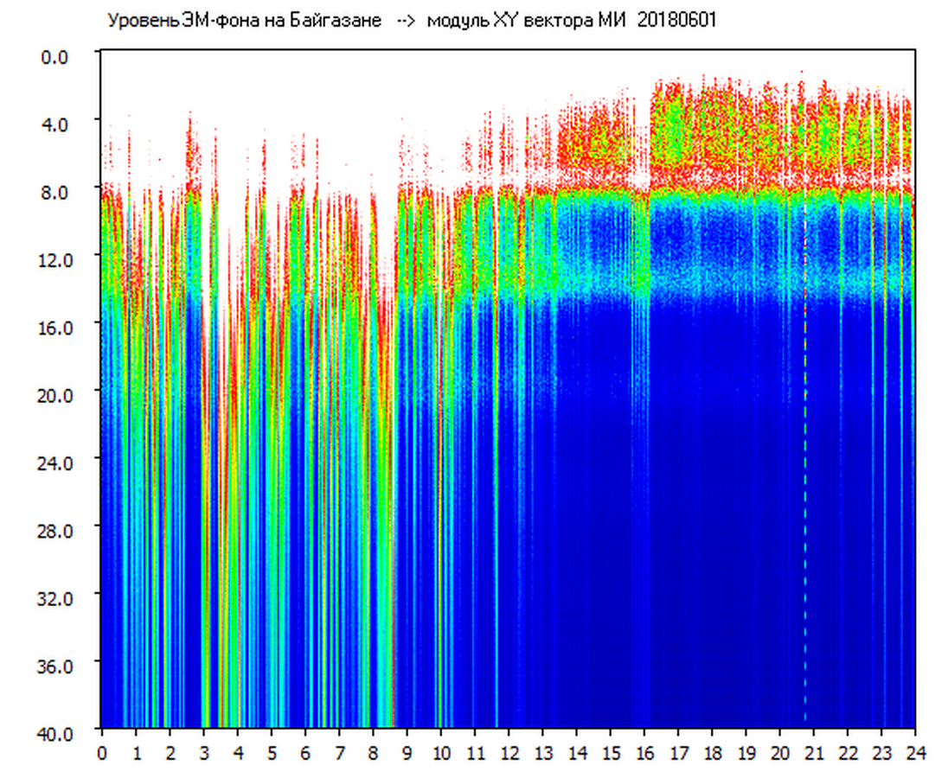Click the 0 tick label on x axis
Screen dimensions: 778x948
pyautogui.click(x=102, y=752)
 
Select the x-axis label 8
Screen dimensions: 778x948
pyautogui.click(x=373, y=752)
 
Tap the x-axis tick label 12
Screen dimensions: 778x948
pyautogui.click(x=509, y=752)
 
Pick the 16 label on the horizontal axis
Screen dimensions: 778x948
pyautogui.click(x=644, y=752)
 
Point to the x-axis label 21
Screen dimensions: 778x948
pyautogui.click(x=814, y=752)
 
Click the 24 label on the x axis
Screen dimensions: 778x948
pyautogui.click(x=915, y=752)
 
